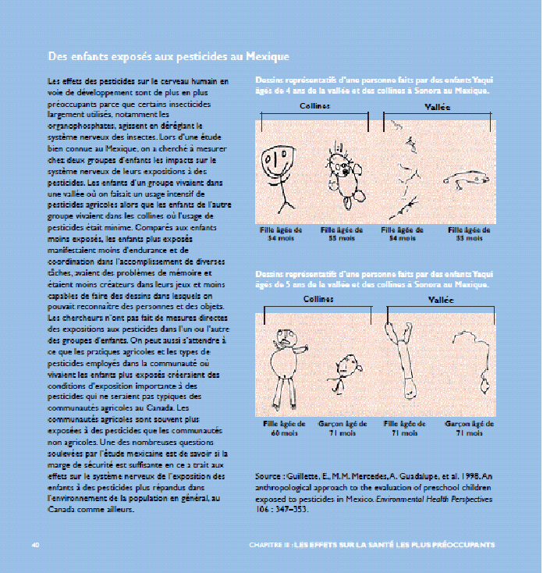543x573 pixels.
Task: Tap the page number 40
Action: tap(35, 544)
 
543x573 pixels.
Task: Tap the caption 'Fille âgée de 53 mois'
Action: tap(469, 234)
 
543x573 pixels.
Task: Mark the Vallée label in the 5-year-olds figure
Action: tap(441, 299)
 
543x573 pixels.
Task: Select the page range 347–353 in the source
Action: tap(293, 508)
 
